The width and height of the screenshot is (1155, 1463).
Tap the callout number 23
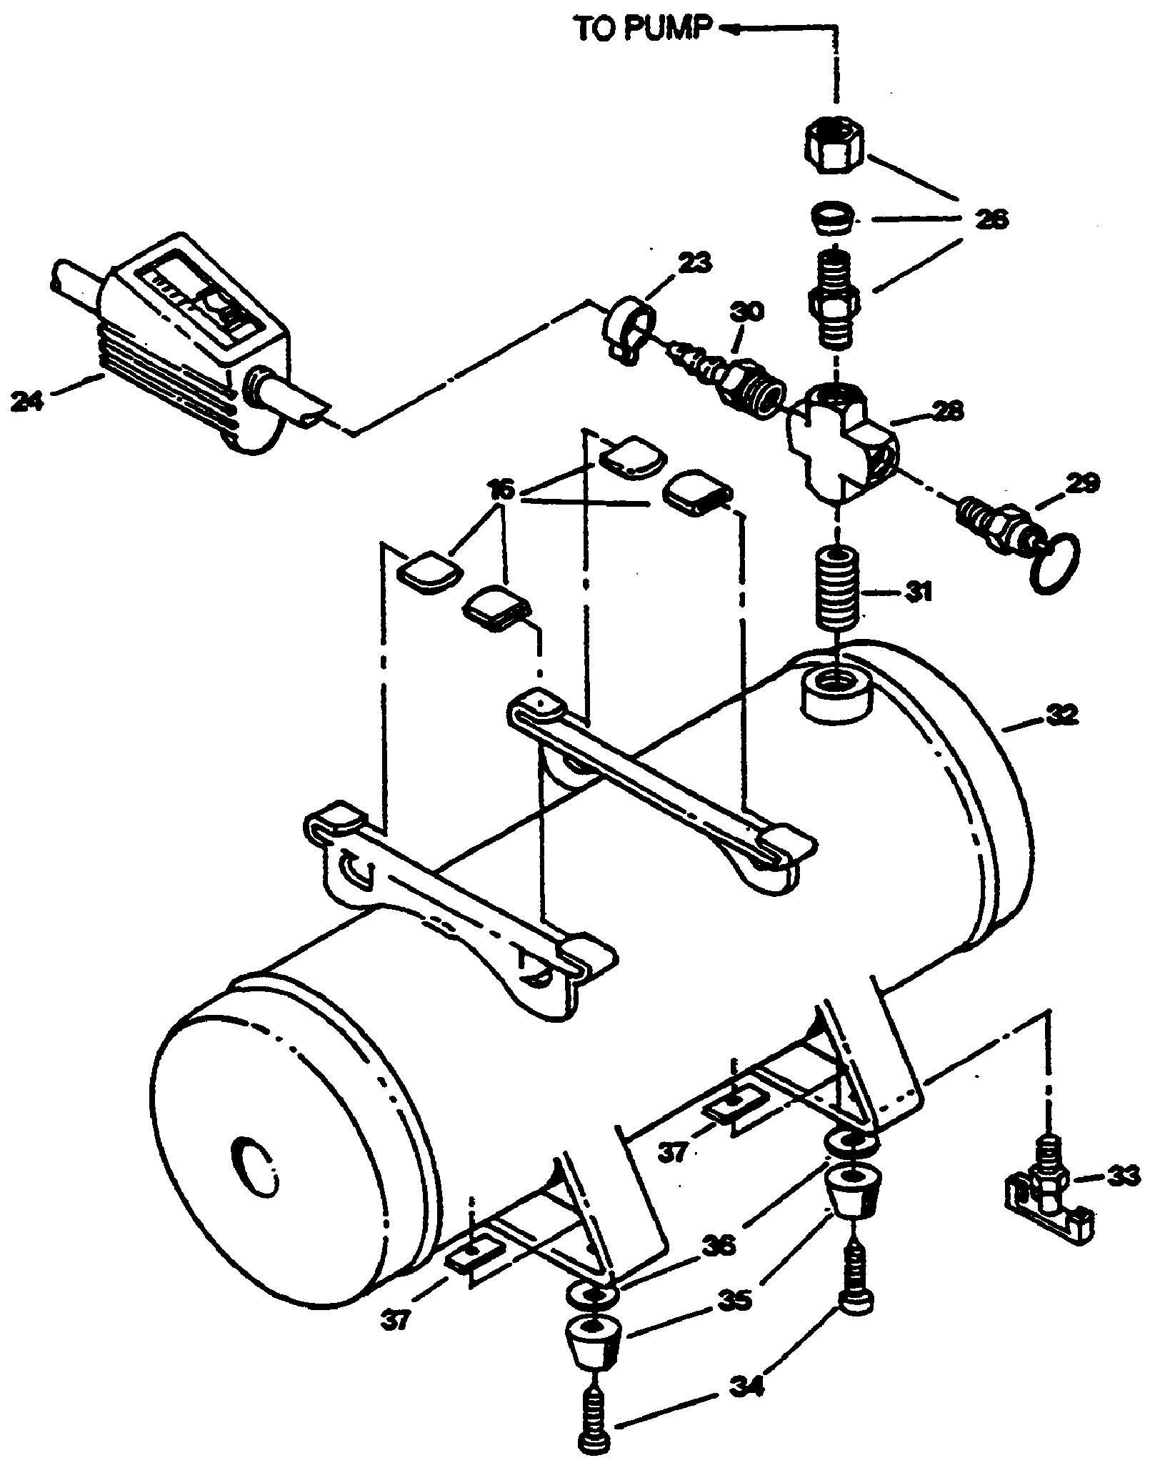pyautogui.click(x=694, y=263)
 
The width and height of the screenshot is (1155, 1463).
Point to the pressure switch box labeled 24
pyautogui.click(x=193, y=339)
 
